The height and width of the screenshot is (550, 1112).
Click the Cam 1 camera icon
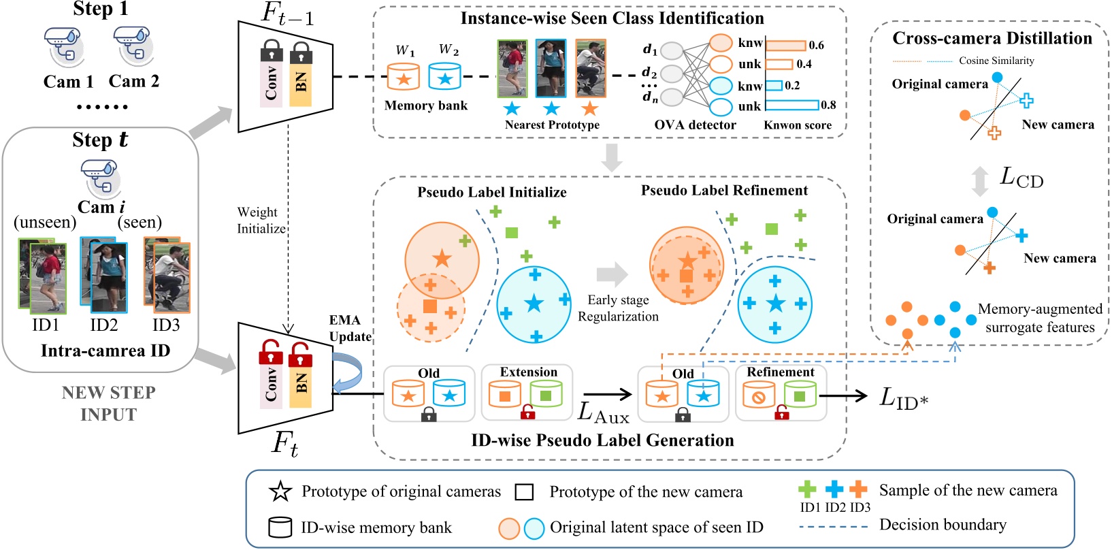(64, 46)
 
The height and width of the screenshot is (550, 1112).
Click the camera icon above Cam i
(100, 178)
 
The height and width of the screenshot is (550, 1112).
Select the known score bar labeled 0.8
(792, 105)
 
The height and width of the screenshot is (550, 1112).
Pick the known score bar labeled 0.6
(786, 46)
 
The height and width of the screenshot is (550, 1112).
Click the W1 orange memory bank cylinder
(404, 77)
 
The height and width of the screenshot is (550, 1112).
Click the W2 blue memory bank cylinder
(445, 77)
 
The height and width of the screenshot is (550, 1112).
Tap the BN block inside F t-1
(301, 80)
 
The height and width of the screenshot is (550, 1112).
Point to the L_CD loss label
(1021, 178)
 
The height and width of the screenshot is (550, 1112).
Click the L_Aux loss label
(603, 413)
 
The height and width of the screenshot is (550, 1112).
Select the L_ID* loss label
(904, 397)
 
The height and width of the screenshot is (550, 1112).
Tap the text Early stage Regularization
(618, 308)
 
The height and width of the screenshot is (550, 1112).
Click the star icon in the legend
(280, 491)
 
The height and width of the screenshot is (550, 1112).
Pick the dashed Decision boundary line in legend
(833, 526)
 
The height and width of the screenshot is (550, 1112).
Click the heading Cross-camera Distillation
(992, 39)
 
